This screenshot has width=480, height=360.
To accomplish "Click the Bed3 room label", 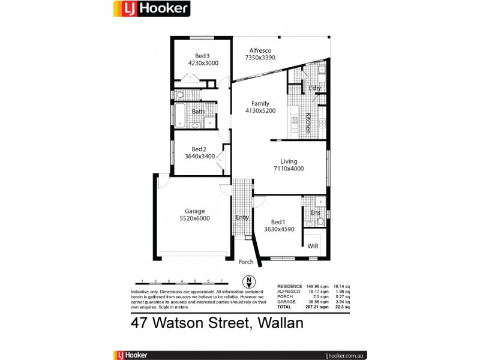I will point(203,56).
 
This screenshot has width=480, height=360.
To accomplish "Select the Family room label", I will point(260,103).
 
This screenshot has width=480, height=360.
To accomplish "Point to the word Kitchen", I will point(308,123).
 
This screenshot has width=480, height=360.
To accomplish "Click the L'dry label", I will point(315,89).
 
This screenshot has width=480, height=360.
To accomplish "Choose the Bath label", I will point(198,112).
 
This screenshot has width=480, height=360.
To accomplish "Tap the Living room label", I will point(289,161).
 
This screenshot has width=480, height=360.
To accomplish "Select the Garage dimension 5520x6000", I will point(194,218).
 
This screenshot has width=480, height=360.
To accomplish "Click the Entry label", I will point(242,218).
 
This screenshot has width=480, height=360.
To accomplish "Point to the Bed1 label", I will point(278,221).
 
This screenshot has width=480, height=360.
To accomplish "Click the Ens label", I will point(315,212).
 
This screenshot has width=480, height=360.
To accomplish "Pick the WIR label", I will point(313,246).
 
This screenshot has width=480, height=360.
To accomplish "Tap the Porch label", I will point(246,262).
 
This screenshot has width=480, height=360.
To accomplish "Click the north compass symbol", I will point(247,281).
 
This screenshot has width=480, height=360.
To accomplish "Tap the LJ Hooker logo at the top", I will point(152,8).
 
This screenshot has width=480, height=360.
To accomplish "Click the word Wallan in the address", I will point(281,323).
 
